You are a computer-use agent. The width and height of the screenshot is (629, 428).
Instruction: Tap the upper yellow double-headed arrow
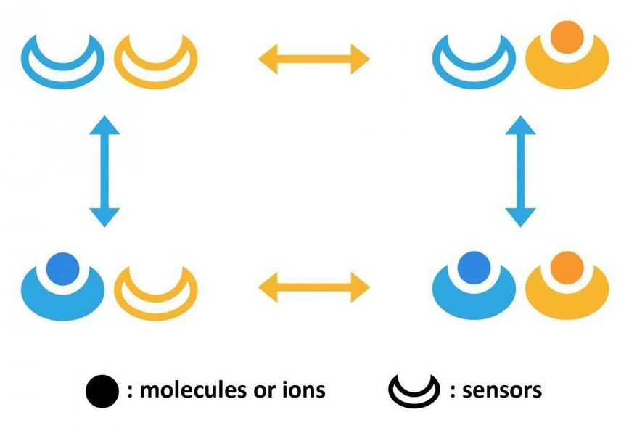(x=314, y=58)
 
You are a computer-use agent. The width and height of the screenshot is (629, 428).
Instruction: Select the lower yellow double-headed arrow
(x=314, y=286)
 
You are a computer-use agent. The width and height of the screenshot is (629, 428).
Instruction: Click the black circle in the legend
(x=101, y=391)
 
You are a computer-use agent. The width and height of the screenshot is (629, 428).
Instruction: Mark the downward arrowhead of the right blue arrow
(x=521, y=217)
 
